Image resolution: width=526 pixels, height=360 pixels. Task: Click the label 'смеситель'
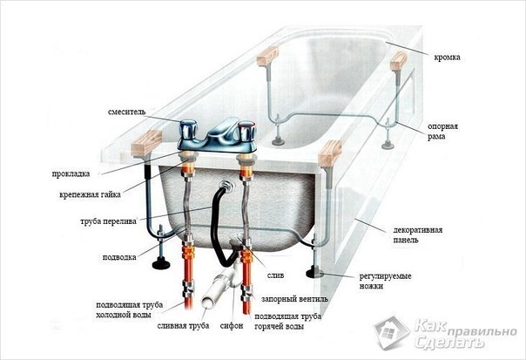click(x=127, y=112)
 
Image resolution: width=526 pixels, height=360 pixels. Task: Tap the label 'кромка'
click(x=447, y=58)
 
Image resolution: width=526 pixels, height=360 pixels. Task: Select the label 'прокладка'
click(x=71, y=174)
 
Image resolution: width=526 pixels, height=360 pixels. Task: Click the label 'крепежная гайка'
click(x=90, y=194)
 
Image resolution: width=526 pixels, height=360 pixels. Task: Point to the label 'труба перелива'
click(x=108, y=221)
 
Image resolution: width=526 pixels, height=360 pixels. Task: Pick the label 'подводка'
click(x=119, y=257)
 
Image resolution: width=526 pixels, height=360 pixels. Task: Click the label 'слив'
click(x=275, y=275)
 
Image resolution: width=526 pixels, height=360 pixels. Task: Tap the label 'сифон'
click(x=232, y=326)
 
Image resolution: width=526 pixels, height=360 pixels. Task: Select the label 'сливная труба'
click(x=183, y=326)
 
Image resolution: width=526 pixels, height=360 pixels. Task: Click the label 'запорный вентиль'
click(x=294, y=299)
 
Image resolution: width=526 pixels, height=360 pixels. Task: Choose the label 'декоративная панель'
click(x=418, y=235)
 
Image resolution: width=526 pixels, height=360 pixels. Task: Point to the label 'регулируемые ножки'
click(x=386, y=281)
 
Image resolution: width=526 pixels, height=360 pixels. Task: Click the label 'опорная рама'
click(x=442, y=132)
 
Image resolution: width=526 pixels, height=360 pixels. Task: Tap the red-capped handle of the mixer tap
click(x=246, y=131)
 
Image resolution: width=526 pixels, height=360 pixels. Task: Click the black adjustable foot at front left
click(x=161, y=263)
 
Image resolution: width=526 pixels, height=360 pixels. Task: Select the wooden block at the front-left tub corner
click(x=146, y=143)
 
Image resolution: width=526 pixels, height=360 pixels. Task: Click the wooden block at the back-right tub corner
click(x=399, y=61)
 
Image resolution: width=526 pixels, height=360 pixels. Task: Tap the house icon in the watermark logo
click(x=391, y=332)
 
